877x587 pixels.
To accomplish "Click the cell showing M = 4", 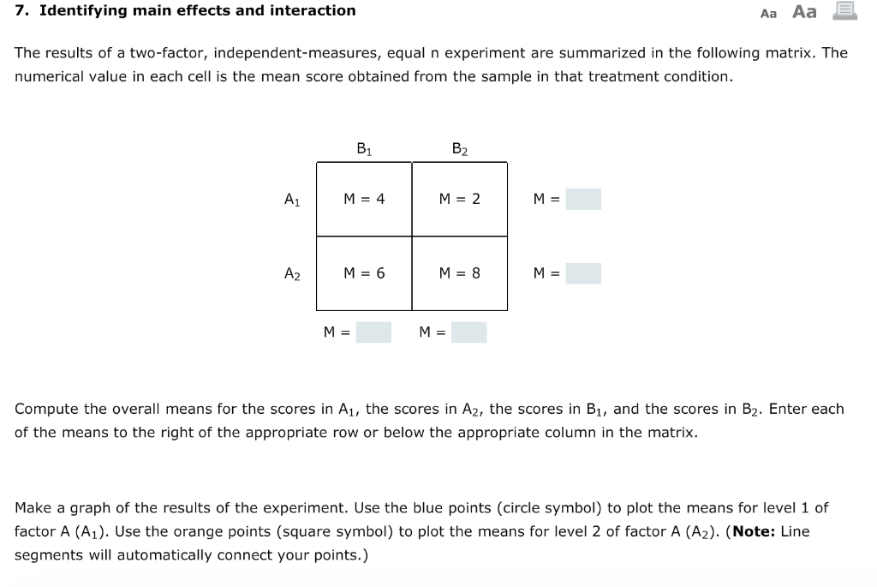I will click(364, 199).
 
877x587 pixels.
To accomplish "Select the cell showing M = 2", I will click(460, 199).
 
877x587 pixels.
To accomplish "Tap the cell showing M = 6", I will click(364, 273).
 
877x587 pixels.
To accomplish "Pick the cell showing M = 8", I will click(460, 273).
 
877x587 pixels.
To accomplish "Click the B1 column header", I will click(364, 149).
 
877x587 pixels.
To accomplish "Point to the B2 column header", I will click(460, 149).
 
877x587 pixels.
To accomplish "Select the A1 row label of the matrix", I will click(292, 200).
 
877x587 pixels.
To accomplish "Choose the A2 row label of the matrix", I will click(292, 274).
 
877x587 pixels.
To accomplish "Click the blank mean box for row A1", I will click(583, 200).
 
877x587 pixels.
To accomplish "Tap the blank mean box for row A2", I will click(583, 274).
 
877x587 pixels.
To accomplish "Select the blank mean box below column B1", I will click(374, 332).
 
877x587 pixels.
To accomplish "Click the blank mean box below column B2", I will click(469, 332).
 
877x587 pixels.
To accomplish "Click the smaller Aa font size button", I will click(768, 13).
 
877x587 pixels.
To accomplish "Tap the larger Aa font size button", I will click(805, 11).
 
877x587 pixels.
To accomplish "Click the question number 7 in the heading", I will click(21, 11).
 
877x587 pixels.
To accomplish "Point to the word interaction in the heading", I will click(313, 11).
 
